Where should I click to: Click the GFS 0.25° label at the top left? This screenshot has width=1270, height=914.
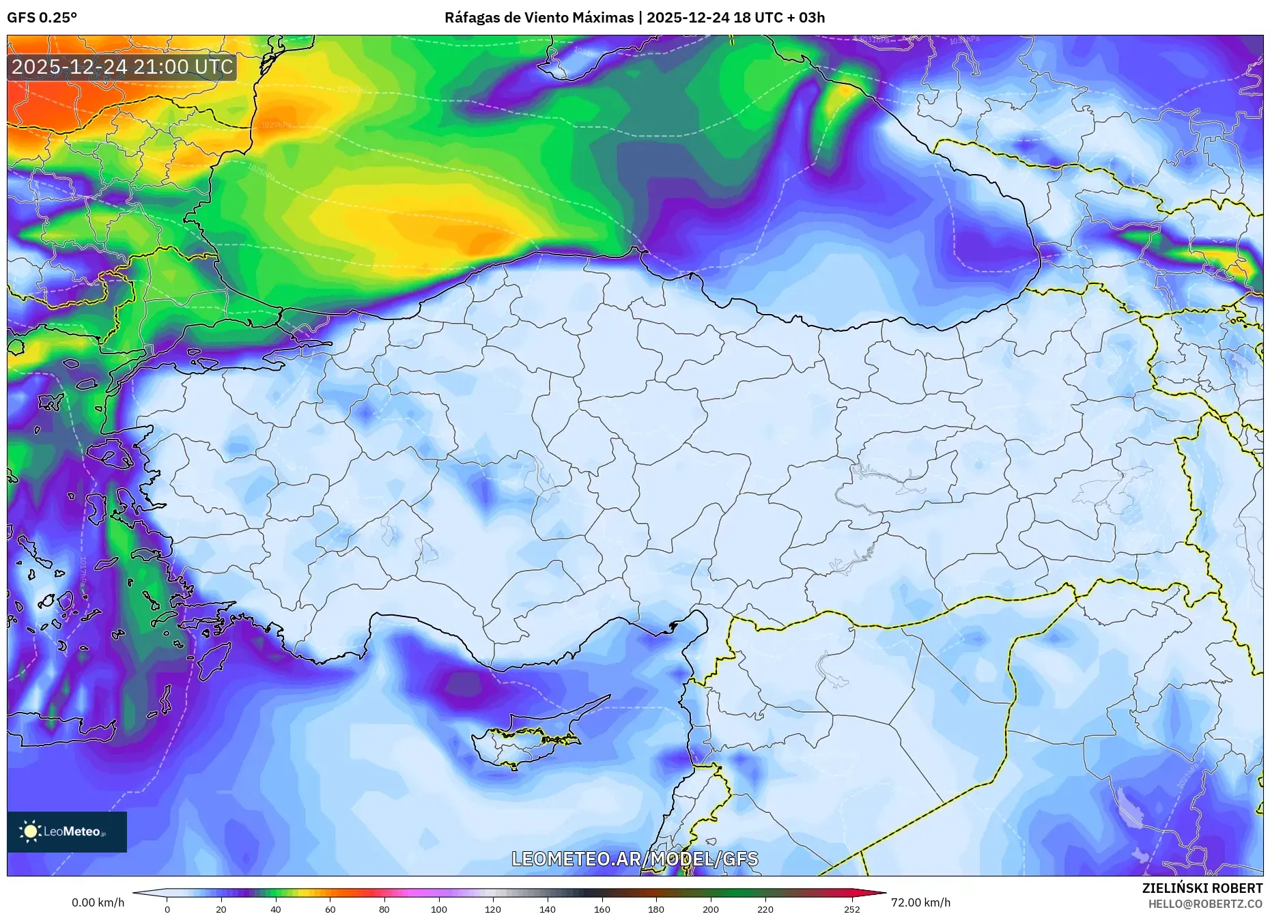pyautogui.click(x=42, y=18)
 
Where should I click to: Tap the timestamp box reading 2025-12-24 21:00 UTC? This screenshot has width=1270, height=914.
pyautogui.click(x=122, y=67)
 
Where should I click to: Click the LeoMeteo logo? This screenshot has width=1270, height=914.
pyautogui.click(x=67, y=831)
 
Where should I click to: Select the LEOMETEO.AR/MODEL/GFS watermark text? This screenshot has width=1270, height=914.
pyautogui.click(x=634, y=859)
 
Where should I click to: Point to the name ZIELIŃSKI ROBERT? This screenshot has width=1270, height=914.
pyautogui.click(x=1202, y=888)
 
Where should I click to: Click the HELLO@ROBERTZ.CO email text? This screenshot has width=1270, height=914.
pyautogui.click(x=1204, y=904)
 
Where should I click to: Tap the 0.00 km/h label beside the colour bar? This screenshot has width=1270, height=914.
pyautogui.click(x=98, y=902)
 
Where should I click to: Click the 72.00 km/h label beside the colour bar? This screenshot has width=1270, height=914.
pyautogui.click(x=920, y=902)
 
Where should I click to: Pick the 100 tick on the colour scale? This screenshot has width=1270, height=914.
pyautogui.click(x=439, y=909)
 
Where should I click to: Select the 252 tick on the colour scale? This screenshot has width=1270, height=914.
pyautogui.click(x=851, y=909)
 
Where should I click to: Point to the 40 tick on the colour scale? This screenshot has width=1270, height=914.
pyautogui.click(x=276, y=909)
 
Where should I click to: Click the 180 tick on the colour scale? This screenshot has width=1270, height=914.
pyautogui.click(x=656, y=909)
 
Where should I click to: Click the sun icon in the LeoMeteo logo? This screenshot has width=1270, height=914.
pyautogui.click(x=30, y=831)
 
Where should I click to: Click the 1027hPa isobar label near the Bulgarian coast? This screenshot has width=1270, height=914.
pyautogui.click(x=276, y=126)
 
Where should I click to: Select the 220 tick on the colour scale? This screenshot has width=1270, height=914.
pyautogui.click(x=765, y=909)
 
